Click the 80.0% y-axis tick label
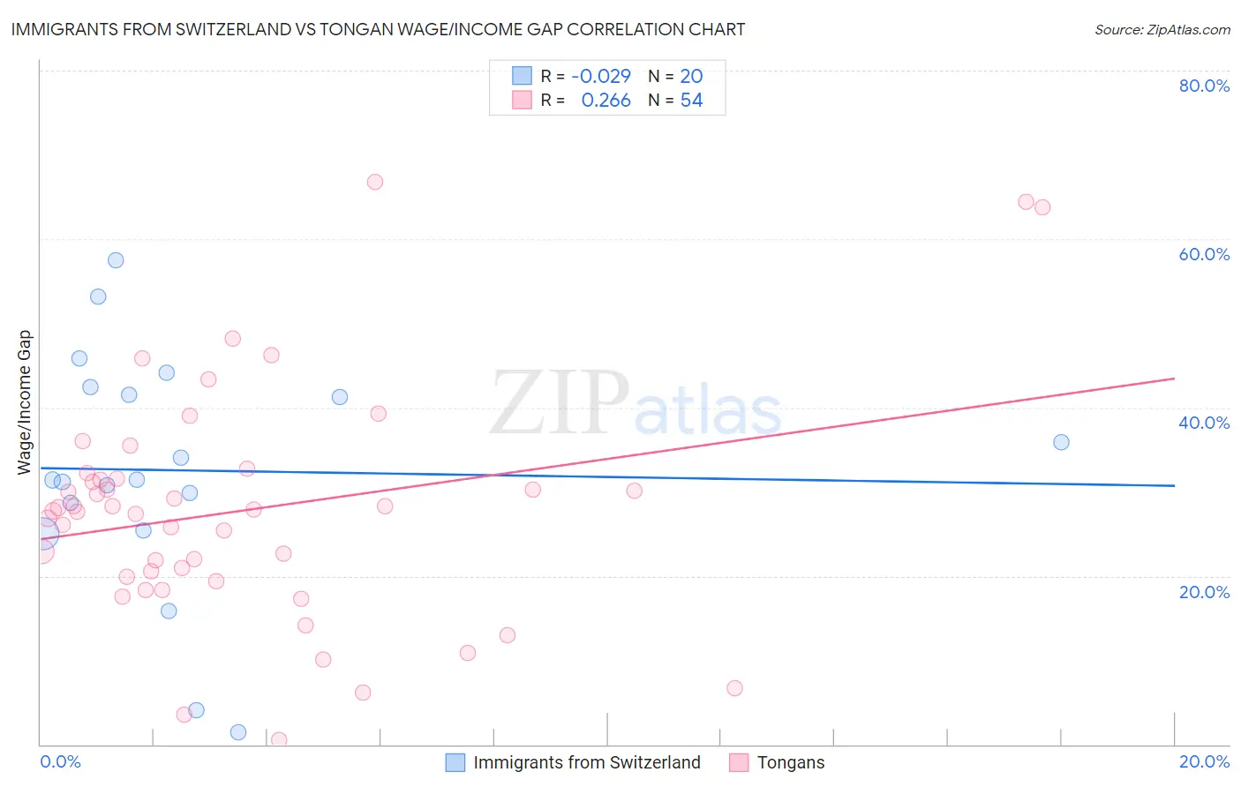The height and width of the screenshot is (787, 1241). coord(1204,86)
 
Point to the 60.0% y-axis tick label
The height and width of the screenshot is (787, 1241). coord(1204,254)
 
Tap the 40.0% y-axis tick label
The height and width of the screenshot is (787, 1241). coord(1204,423)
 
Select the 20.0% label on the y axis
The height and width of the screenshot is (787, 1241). coord(1204,592)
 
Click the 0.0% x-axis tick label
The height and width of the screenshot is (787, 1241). coord(60,761)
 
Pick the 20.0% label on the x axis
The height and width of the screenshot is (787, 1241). coord(1204,761)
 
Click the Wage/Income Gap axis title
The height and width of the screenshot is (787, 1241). coord(25,402)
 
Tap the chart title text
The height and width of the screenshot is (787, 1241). coord(378,29)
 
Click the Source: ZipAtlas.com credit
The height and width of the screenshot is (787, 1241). coord(1162,30)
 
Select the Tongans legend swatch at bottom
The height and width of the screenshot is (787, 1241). coord(739,762)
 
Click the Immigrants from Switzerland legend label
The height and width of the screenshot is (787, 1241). coord(586,762)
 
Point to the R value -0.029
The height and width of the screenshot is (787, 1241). coord(601,76)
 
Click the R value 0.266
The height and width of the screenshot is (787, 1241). coord(605,101)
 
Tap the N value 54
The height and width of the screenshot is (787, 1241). coord(691,101)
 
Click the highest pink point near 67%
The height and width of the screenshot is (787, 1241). coord(375,182)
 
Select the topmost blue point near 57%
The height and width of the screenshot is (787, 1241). coord(116,260)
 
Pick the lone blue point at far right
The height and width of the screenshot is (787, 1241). coord(1061,442)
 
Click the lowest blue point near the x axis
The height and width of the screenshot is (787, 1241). coord(238,732)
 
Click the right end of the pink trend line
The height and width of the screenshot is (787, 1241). coord(1174,379)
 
